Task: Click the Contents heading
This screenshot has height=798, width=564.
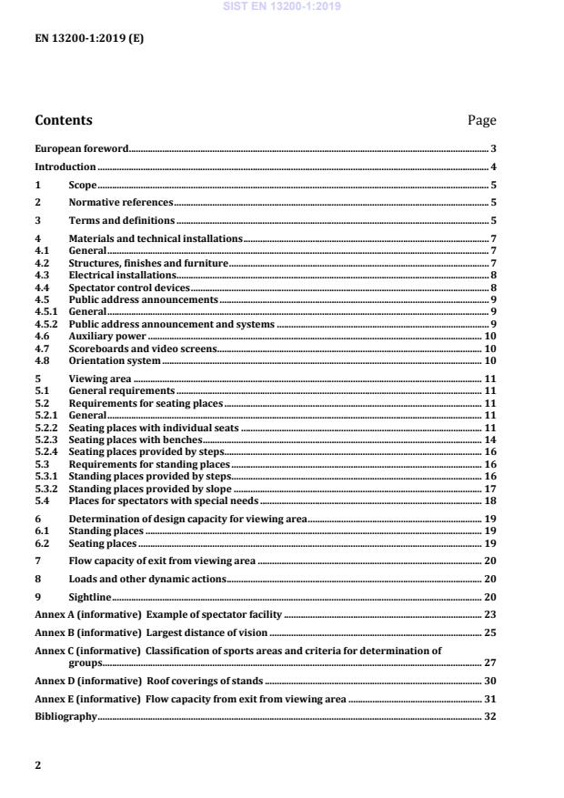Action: point(63,120)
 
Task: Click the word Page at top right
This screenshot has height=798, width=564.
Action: point(481,120)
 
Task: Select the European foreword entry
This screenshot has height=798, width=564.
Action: point(81,148)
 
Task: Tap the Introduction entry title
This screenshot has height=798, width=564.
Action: point(65,167)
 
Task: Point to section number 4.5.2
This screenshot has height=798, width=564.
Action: point(46,324)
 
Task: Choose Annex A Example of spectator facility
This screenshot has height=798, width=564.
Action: point(158,615)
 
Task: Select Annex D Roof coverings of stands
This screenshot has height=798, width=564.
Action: point(148,681)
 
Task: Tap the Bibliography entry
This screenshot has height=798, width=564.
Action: point(65,716)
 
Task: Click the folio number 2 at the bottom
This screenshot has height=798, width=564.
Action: point(38,765)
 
